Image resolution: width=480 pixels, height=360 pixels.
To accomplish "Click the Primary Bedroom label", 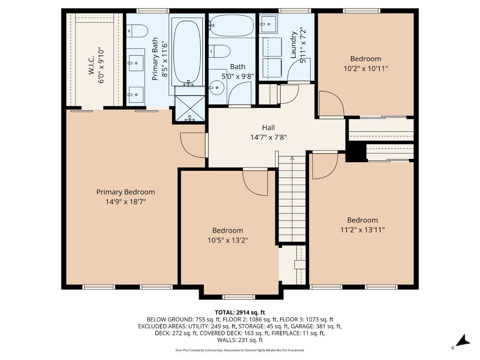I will [125, 192].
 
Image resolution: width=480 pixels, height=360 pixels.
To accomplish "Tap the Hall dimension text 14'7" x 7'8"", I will [268, 138].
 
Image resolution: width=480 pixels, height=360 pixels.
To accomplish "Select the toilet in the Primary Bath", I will [138, 31].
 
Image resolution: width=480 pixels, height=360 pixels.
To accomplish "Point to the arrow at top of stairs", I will [292, 158].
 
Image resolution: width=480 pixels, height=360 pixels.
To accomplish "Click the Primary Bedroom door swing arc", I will [192, 146].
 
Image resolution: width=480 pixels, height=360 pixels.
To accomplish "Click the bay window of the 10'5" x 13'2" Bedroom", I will [239, 297].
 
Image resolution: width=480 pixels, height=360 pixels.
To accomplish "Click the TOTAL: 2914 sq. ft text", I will [240, 312].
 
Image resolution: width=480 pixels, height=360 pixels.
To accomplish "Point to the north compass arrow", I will [463, 341].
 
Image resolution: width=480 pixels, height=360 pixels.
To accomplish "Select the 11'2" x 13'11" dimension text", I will [363, 230].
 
